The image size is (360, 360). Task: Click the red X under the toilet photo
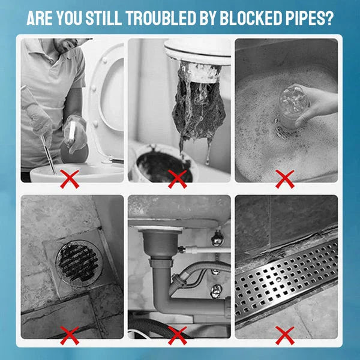click(71, 178)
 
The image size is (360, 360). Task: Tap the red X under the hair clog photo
click(177, 178)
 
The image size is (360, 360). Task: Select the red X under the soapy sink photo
click(284, 178)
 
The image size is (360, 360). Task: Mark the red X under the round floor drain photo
click(71, 334)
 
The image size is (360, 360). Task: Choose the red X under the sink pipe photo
click(177, 334)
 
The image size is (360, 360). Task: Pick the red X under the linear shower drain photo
click(284, 334)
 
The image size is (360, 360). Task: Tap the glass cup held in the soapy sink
click(292, 106)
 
